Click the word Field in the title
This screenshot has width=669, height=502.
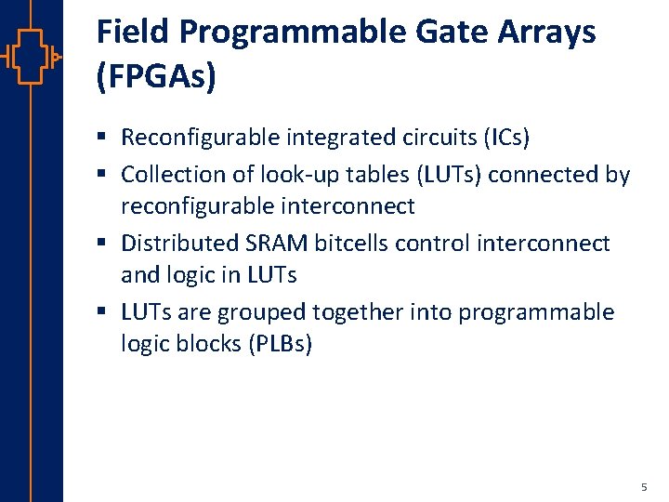coord(133,33)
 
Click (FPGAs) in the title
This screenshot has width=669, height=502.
coord(156,76)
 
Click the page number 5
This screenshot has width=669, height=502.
coord(644,488)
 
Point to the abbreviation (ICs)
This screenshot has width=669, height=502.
coord(505,139)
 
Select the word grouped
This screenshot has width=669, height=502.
coord(268,312)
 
